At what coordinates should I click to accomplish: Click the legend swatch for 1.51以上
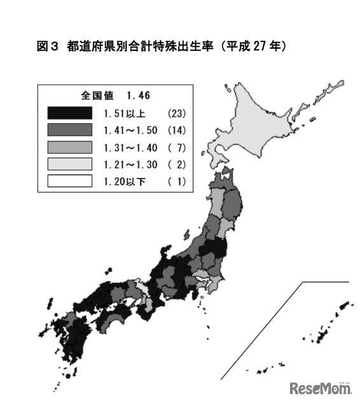(69, 113)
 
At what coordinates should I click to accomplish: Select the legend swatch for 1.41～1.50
(69, 130)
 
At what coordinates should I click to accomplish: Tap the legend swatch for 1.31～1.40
(69, 147)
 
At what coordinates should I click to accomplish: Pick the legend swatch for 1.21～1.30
(69, 164)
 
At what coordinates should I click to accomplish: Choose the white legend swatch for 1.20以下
(69, 181)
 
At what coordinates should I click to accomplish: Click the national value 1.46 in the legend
(138, 96)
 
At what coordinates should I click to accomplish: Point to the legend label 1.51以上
(125, 113)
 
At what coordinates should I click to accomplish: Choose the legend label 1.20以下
(125, 181)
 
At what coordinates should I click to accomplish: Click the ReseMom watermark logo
(321, 387)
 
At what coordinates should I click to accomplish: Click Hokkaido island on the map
(267, 121)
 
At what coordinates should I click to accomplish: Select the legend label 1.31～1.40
(130, 147)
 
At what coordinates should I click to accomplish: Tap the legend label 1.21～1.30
(130, 164)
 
